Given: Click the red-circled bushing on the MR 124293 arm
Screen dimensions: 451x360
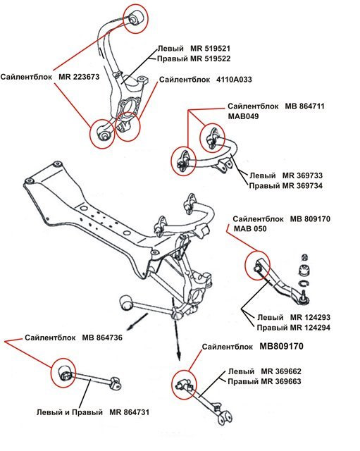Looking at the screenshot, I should (257, 265).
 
